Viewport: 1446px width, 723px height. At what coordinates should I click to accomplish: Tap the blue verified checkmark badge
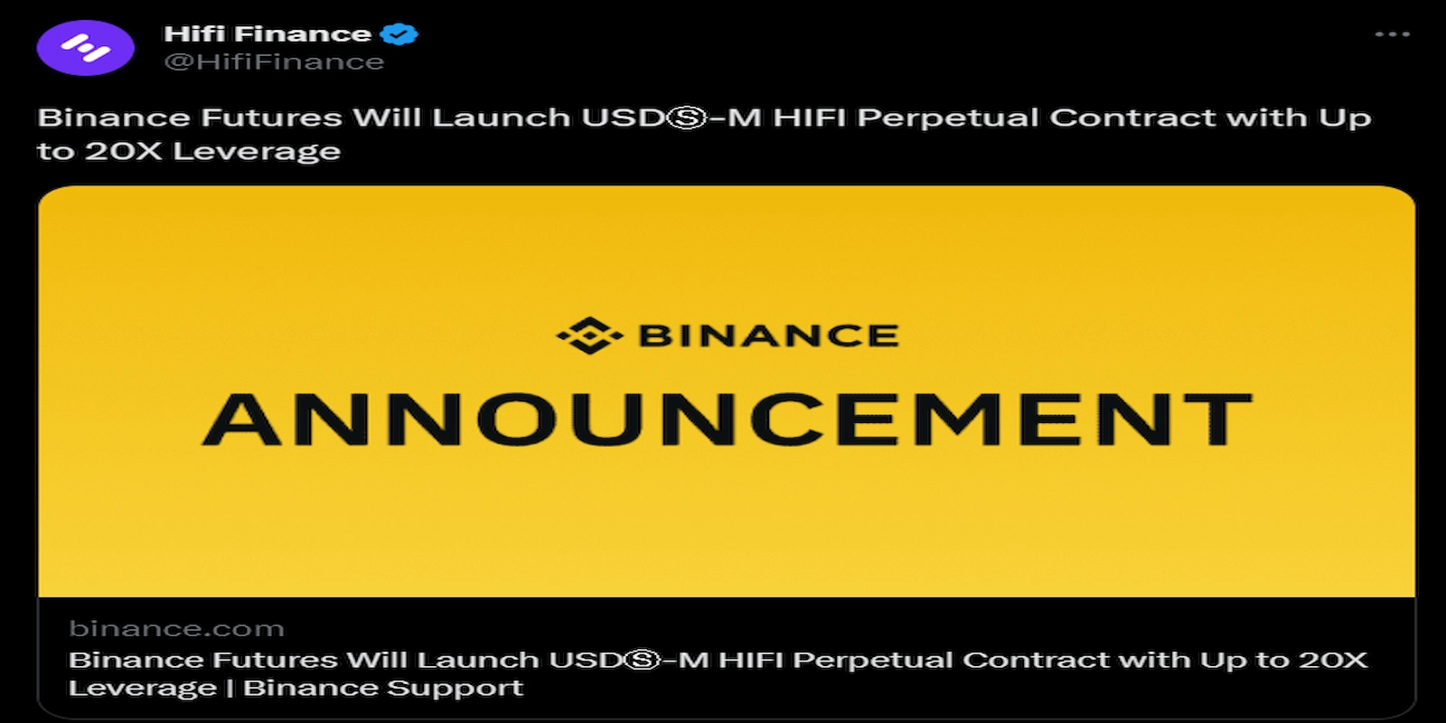399,34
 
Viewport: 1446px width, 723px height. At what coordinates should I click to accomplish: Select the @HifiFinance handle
273,62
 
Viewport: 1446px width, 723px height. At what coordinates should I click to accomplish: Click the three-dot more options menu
1392,34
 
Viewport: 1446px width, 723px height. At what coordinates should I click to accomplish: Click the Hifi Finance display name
267,34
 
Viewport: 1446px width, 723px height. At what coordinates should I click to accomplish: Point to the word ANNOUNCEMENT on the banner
727,420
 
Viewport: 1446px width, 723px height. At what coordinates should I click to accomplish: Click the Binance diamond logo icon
589,336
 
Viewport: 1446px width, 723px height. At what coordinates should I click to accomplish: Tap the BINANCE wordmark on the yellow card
768,336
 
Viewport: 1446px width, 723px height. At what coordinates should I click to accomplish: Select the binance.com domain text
176,629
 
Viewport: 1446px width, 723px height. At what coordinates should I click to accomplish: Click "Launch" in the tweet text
501,118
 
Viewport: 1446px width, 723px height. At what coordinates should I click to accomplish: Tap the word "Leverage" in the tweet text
257,151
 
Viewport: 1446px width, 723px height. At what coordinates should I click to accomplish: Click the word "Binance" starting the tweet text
114,118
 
